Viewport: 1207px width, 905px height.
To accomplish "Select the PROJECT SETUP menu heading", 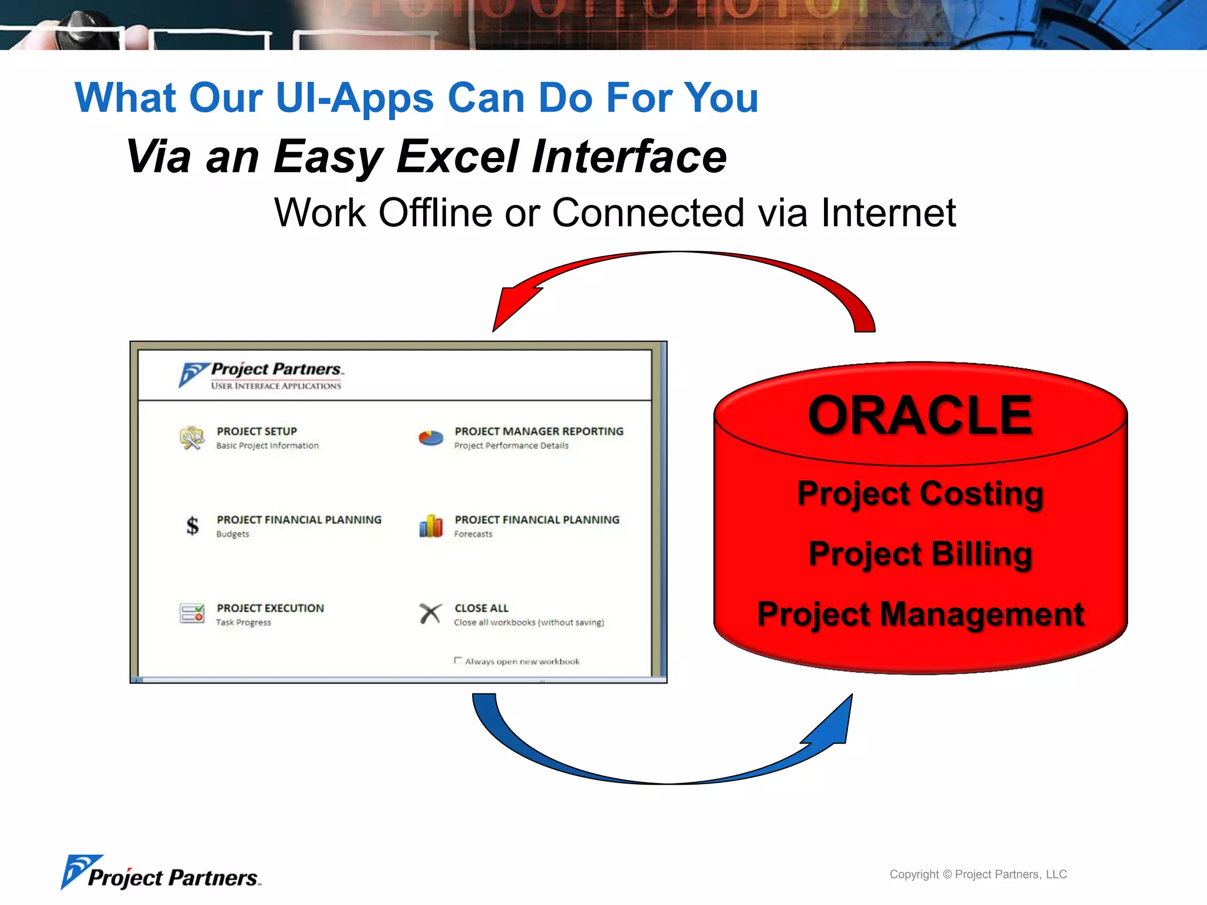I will (256, 431).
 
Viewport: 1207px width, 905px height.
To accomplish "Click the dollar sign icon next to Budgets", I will (192, 526).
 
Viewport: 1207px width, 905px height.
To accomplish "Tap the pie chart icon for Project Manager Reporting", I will (431, 438).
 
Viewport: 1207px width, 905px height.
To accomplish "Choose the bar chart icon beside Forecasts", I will (431, 526).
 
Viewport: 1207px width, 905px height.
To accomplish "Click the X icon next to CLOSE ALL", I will (431, 613).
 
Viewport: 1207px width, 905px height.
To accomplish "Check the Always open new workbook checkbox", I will (458, 660).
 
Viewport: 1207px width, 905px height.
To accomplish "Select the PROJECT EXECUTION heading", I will (270, 608).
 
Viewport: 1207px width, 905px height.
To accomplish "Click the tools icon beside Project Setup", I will (192, 438).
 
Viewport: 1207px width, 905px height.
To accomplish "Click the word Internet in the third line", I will (888, 213).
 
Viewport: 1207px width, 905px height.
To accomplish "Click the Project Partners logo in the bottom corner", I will (160, 873).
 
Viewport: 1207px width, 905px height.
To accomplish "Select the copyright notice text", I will (978, 874).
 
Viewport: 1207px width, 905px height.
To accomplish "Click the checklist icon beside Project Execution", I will (192, 613).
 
